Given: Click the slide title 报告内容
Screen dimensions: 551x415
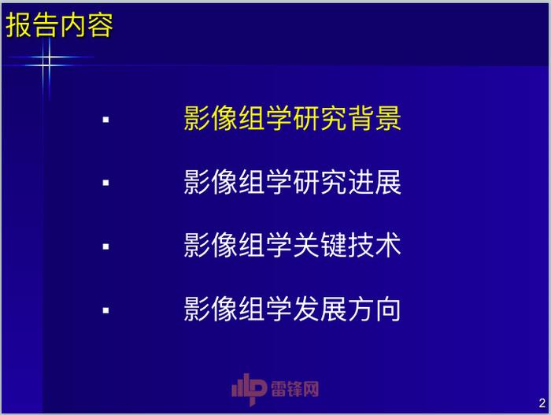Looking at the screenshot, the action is (x=59, y=25).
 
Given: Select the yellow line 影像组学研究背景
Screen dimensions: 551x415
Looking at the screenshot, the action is (x=292, y=118).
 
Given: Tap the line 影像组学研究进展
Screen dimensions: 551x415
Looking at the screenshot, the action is (x=292, y=182).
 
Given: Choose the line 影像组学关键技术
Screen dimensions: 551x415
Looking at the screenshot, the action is (x=292, y=245).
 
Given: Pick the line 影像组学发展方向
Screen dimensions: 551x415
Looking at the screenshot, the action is (x=292, y=309).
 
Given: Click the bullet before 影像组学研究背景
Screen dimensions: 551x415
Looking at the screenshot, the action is (x=105, y=120).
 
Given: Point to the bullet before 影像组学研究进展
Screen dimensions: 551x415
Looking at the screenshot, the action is (x=105, y=183).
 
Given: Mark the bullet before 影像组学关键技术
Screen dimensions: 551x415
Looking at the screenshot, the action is (x=105, y=246).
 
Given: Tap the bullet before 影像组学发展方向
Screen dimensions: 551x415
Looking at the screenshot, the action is (x=105, y=310).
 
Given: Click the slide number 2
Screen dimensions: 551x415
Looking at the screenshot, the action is (x=542, y=403).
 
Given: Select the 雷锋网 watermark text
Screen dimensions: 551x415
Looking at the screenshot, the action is (x=295, y=389).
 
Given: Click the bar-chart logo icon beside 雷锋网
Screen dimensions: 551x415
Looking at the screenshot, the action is (x=249, y=389).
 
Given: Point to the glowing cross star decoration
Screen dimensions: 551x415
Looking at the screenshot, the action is (x=47, y=61).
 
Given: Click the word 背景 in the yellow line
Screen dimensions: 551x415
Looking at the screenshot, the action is (x=375, y=118).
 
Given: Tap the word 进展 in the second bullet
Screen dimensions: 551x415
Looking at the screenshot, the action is (x=375, y=182).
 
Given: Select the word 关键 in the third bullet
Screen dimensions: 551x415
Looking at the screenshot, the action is (x=320, y=245).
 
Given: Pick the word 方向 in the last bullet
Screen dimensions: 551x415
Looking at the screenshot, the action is (x=375, y=309).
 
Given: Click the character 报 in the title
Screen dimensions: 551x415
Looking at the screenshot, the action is (x=19, y=25).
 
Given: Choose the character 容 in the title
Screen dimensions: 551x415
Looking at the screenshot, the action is (x=100, y=25).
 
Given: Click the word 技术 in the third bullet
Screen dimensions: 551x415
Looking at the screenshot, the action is (x=375, y=245).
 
